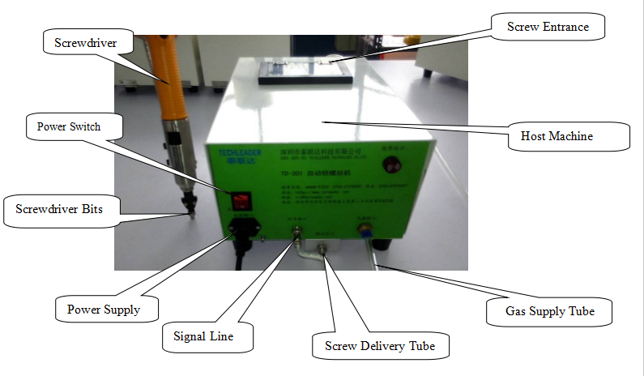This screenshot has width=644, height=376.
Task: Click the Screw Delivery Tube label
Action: [x=379, y=346]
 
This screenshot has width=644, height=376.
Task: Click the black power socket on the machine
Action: [x=241, y=229]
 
